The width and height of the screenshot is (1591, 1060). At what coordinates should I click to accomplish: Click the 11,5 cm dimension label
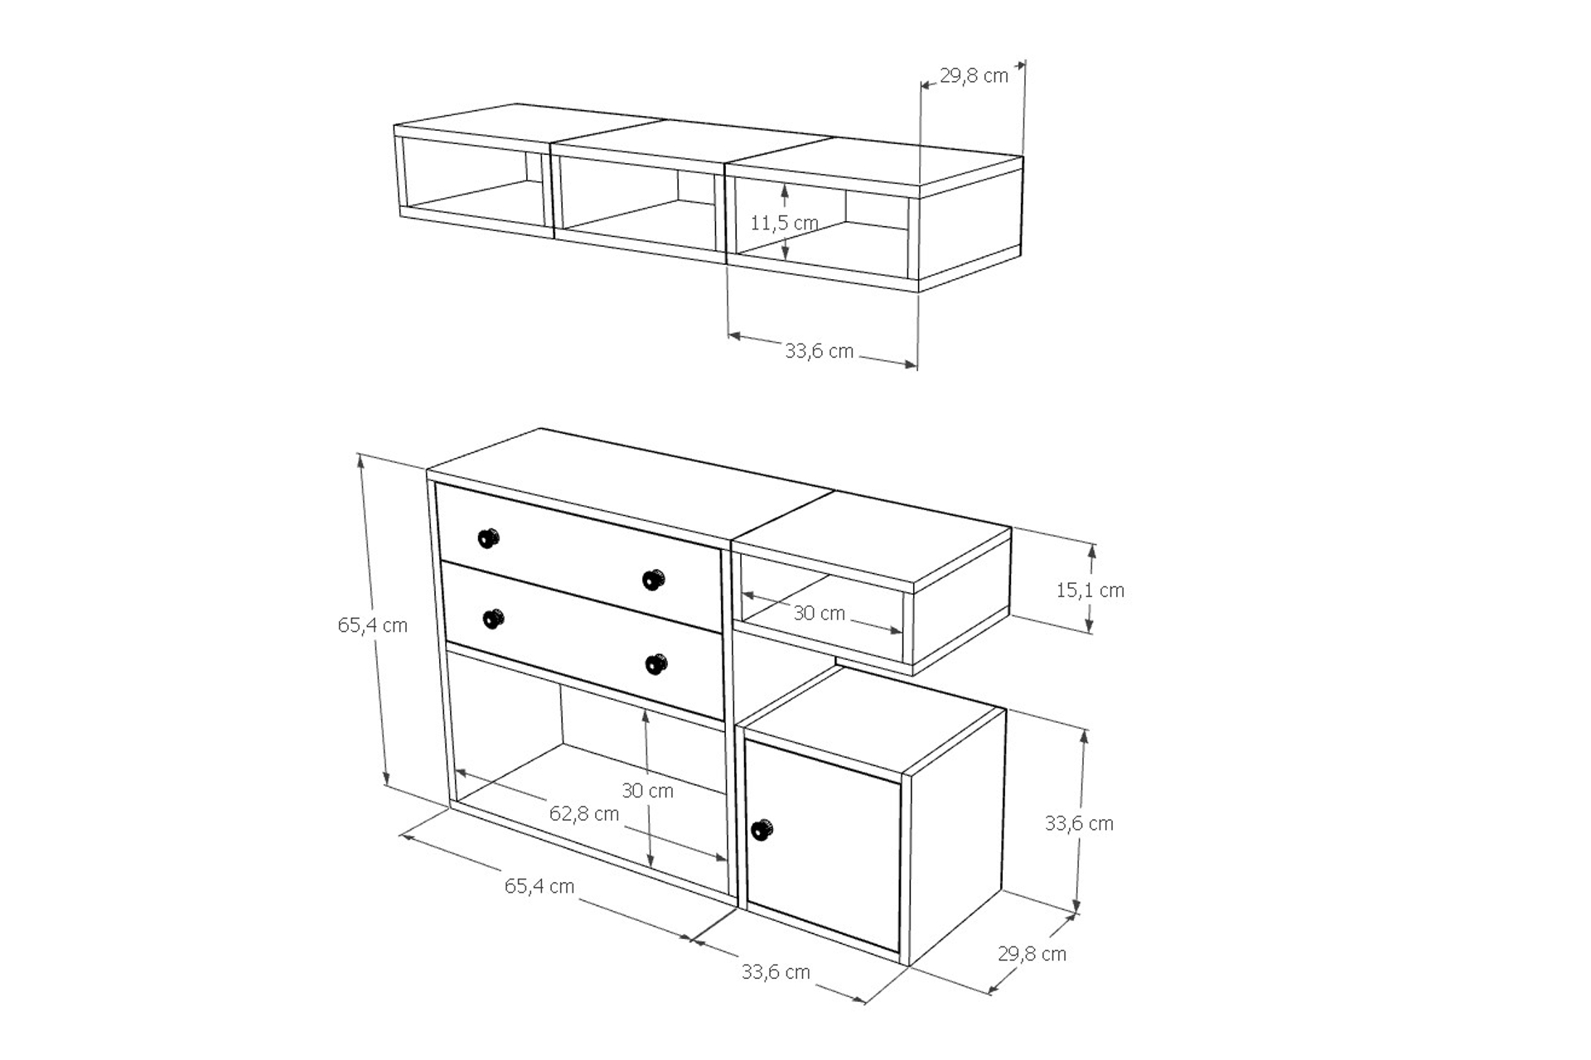point(784,223)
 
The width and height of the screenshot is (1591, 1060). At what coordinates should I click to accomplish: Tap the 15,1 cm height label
point(1090,590)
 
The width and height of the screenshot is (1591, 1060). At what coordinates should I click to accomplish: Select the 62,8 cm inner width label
point(584,814)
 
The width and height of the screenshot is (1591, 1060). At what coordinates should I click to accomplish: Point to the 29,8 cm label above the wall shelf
point(974,76)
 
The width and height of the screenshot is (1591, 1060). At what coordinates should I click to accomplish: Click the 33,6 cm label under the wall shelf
point(819,351)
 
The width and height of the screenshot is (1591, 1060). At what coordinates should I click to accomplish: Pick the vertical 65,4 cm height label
point(372,625)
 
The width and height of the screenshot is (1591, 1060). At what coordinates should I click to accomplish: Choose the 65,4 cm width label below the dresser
point(539,886)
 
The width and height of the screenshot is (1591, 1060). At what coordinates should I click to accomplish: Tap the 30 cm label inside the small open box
point(819,613)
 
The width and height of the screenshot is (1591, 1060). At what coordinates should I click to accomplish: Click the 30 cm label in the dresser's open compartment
point(647,791)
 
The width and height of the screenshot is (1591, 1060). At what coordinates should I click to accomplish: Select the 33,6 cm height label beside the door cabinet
point(1079,823)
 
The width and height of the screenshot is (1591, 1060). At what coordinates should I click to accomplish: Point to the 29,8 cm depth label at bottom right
point(1032,954)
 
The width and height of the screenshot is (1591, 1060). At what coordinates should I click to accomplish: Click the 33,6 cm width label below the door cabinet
point(776,972)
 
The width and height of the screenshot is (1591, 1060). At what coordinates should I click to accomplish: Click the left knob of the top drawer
point(489,538)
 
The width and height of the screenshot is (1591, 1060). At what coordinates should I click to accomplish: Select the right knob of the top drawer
point(654,580)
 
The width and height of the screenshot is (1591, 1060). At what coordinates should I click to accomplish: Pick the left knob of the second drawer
point(493,619)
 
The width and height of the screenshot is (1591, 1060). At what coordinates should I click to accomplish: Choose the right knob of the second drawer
point(655,664)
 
